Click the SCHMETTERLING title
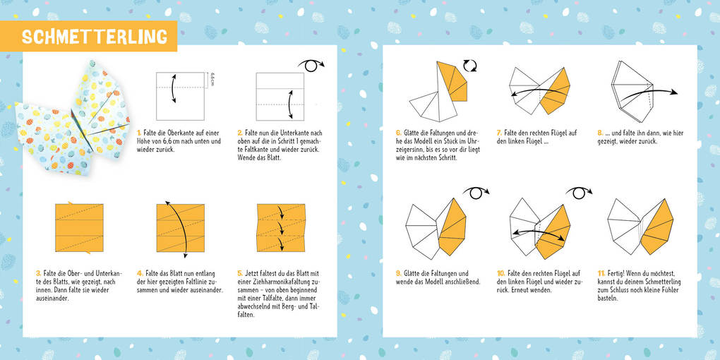(x=94, y=36)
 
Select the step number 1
(x=139, y=132)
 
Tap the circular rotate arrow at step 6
(x=469, y=66)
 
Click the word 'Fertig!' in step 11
(x=619, y=273)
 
